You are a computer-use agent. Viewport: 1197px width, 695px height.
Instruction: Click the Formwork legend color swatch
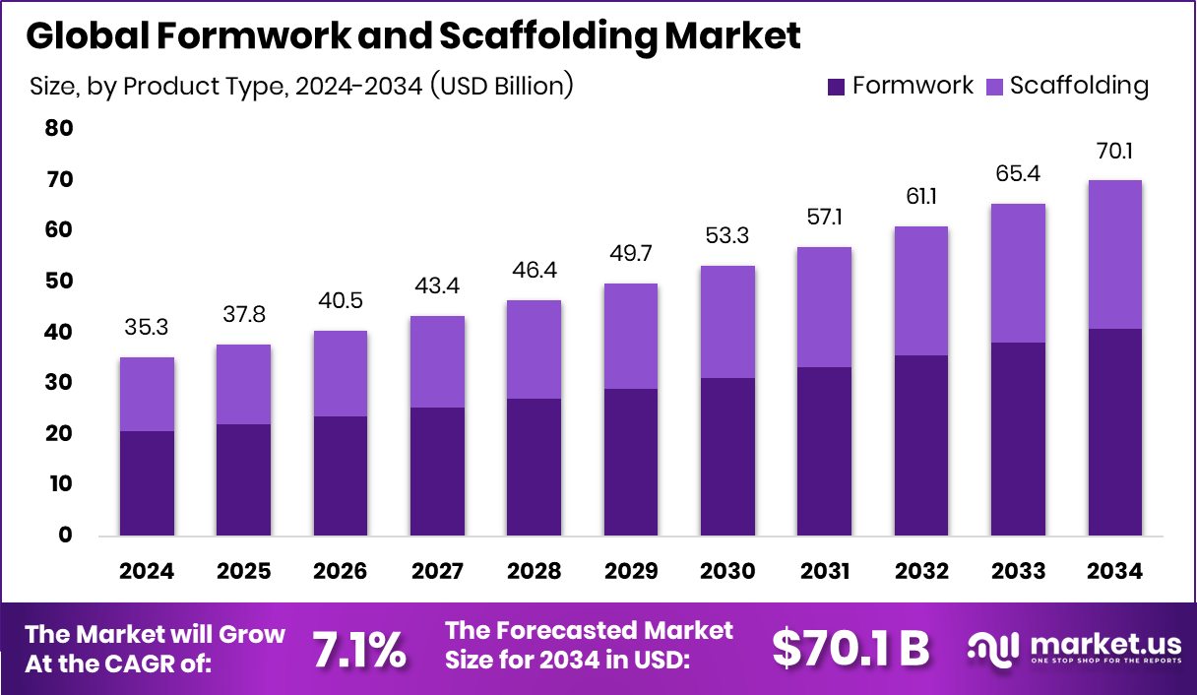[x=837, y=87]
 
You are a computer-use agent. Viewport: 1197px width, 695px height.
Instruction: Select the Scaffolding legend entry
[x=1079, y=86]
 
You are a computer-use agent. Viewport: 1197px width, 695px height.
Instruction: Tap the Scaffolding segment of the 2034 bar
[x=1114, y=254]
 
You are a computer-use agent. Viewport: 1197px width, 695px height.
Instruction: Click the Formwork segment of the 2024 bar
[x=148, y=483]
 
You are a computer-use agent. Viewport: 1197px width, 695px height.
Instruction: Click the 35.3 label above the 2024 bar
[x=148, y=327]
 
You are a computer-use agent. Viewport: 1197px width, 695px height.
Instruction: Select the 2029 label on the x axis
[x=630, y=572]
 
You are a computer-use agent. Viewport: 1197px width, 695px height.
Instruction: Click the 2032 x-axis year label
[x=921, y=572]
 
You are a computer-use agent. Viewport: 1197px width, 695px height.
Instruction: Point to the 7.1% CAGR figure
[x=359, y=650]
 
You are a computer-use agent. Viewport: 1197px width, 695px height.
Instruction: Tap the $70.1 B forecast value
[x=850, y=649]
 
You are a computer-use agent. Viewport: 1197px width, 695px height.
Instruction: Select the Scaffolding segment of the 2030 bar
[x=727, y=322]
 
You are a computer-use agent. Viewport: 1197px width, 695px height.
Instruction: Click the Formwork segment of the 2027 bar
[x=437, y=472]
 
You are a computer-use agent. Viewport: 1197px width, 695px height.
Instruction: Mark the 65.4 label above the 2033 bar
[x=1018, y=173]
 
